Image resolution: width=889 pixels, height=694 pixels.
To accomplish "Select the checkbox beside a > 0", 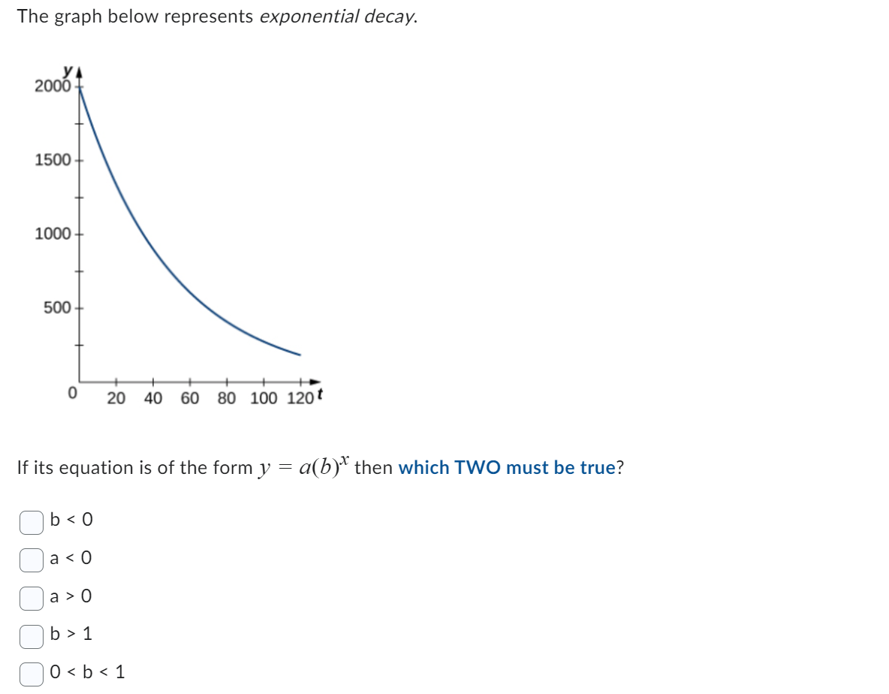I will tap(31, 597).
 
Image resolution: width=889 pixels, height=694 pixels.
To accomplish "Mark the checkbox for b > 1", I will tap(31, 635).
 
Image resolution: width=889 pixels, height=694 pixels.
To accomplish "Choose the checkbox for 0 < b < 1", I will tap(31, 673).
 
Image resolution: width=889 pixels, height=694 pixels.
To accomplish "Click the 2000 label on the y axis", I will tap(53, 86).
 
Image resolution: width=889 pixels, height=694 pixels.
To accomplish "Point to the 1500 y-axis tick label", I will tap(53, 160).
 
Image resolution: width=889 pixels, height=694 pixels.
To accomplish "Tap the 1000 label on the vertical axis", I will tap(53, 234).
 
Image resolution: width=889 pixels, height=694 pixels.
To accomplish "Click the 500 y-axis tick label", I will tap(57, 308).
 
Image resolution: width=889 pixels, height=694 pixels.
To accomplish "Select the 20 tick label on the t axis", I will tap(116, 398).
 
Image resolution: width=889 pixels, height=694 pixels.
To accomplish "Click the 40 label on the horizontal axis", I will tap(153, 398).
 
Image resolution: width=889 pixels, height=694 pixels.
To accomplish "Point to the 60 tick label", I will tap(190, 398).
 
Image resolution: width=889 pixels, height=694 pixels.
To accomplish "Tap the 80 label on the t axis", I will tap(227, 398).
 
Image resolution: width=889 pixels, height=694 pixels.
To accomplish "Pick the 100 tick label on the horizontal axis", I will tap(264, 398).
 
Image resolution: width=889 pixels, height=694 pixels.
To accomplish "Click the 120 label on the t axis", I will tap(300, 398).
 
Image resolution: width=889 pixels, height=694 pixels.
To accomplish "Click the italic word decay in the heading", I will tap(390, 17).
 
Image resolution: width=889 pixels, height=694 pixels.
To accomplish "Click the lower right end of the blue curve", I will tap(300, 354).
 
